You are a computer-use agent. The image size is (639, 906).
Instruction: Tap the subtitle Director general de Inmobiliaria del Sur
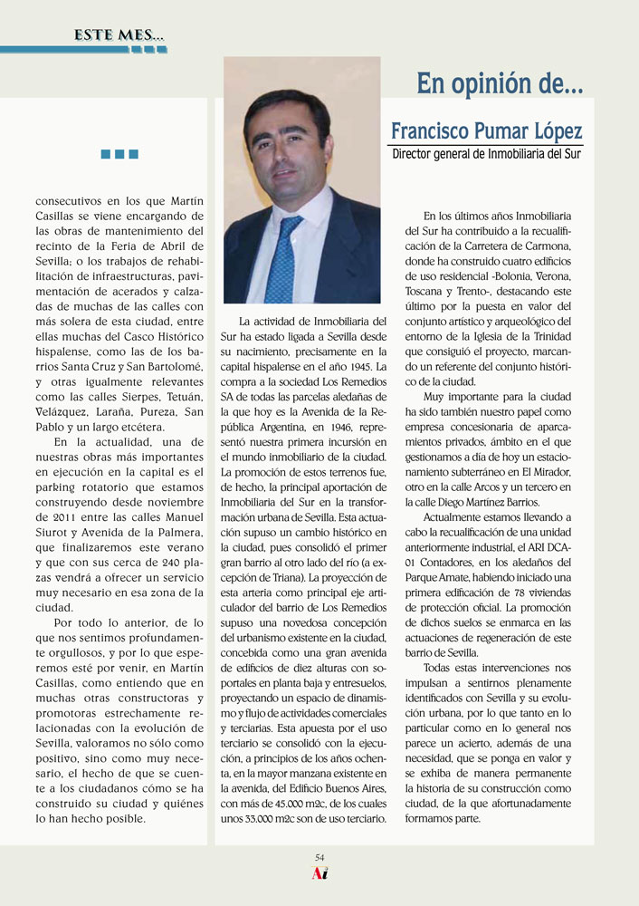486,154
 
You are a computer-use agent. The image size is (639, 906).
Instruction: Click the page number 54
319,857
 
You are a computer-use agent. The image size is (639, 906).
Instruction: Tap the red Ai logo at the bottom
319,874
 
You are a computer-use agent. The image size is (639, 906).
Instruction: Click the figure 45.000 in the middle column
272,805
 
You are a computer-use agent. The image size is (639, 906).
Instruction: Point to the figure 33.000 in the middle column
262,819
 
